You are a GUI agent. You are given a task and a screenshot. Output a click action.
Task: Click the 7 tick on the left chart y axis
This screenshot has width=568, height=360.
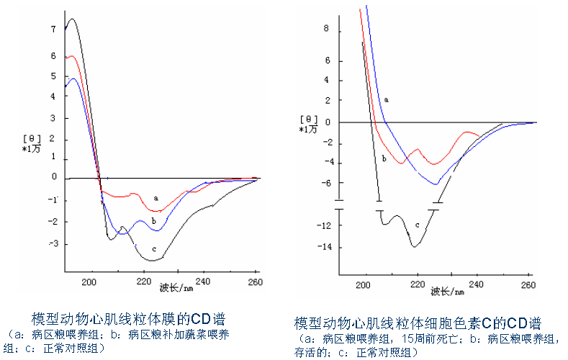point(53,30)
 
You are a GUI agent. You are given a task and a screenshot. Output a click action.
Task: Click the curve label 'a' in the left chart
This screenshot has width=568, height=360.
point(155,197)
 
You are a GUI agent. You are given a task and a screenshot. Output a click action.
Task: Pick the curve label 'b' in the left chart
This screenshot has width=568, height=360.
point(153,220)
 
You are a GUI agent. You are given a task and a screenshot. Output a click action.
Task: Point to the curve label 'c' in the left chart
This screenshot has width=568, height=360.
point(154,249)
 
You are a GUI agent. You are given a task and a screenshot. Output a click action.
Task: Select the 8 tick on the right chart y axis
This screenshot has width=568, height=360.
point(326,29)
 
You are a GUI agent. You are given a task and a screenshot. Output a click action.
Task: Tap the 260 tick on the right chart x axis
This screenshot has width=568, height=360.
point(528,285)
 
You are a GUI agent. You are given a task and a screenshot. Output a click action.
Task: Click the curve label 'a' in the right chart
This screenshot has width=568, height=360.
point(386,99)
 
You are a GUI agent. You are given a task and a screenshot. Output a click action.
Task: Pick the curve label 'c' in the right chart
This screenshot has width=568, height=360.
point(417,225)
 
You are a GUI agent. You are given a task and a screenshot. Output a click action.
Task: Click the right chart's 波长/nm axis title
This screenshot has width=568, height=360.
point(448,292)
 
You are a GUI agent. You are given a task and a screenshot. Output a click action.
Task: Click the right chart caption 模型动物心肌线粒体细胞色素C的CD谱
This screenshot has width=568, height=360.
point(418,323)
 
